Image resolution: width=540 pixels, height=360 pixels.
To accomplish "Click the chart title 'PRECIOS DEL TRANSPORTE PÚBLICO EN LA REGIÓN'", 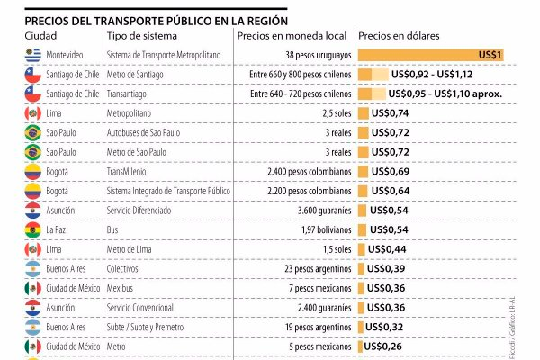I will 157,19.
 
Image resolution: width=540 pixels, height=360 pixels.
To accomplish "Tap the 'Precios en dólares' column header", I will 399,35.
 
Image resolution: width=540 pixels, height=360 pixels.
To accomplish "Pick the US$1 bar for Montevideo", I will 430,55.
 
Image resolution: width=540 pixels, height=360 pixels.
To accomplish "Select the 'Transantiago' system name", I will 130,94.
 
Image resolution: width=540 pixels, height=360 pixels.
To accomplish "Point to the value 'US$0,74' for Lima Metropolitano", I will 390,112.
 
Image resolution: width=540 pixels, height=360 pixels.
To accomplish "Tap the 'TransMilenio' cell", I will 130,171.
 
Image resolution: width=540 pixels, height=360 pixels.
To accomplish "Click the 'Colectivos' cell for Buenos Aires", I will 127,268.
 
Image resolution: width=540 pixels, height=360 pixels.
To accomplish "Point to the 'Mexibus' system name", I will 123,288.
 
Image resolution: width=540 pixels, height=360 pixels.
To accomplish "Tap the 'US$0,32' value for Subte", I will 390,327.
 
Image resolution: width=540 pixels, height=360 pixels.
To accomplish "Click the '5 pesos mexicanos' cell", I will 312,346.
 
